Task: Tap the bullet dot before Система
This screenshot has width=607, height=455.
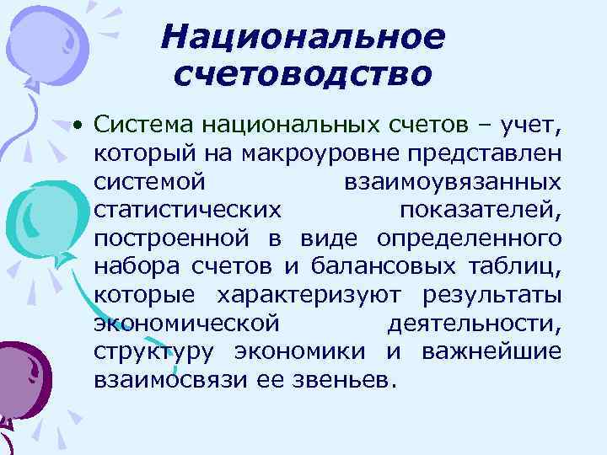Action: [77, 126]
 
